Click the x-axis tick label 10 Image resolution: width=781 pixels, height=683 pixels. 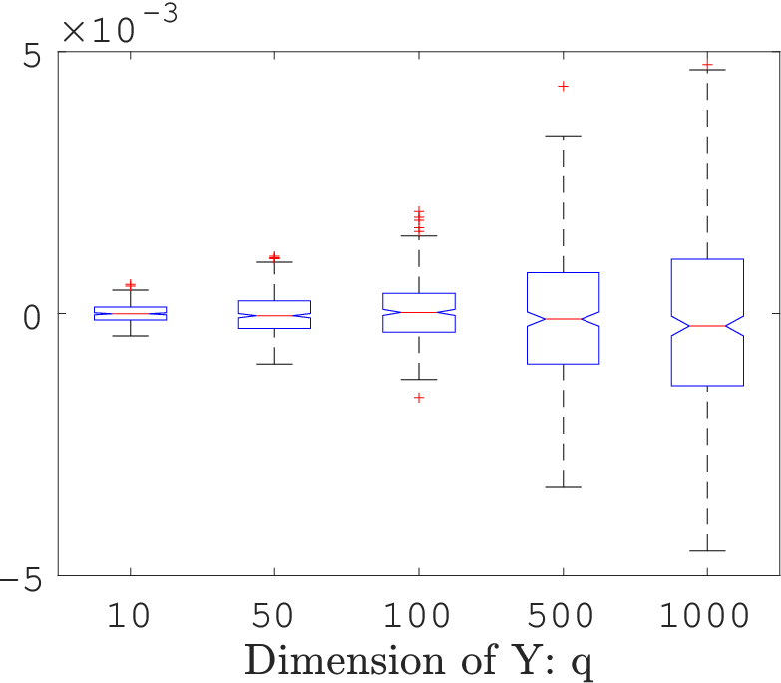pyautogui.click(x=129, y=615)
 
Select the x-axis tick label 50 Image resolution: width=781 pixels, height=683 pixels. pyautogui.click(x=272, y=615)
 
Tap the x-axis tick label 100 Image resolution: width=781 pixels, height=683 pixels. pyautogui.click(x=417, y=615)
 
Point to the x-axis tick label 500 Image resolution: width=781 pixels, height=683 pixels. pyautogui.click(x=561, y=615)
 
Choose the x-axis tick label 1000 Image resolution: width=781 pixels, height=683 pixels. pyautogui.click(x=705, y=615)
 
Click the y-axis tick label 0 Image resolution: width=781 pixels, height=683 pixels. pyautogui.click(x=31, y=318)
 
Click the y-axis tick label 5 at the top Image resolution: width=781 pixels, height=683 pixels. pyautogui.click(x=31, y=56)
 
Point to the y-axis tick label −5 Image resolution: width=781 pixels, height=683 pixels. pyautogui.click(x=20, y=580)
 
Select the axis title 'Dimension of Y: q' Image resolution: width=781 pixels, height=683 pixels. pyautogui.click(x=419, y=661)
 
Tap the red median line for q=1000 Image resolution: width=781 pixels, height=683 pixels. pyautogui.click(x=707, y=326)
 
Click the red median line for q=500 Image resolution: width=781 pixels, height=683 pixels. pyautogui.click(x=564, y=319)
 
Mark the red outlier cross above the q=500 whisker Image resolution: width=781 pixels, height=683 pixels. pyautogui.click(x=564, y=87)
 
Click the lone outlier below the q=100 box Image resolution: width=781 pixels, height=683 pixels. pyautogui.click(x=419, y=397)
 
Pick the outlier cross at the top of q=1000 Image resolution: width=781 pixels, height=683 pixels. pyautogui.click(x=707, y=65)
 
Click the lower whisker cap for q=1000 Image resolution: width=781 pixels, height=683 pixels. pyautogui.click(x=707, y=551)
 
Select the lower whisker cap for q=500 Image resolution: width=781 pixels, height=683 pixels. pyautogui.click(x=564, y=487)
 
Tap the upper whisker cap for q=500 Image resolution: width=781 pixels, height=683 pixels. pyautogui.click(x=564, y=136)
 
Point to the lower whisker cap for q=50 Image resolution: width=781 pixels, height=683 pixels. pyautogui.click(x=274, y=364)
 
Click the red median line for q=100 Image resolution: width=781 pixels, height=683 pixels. pyautogui.click(x=419, y=313)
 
